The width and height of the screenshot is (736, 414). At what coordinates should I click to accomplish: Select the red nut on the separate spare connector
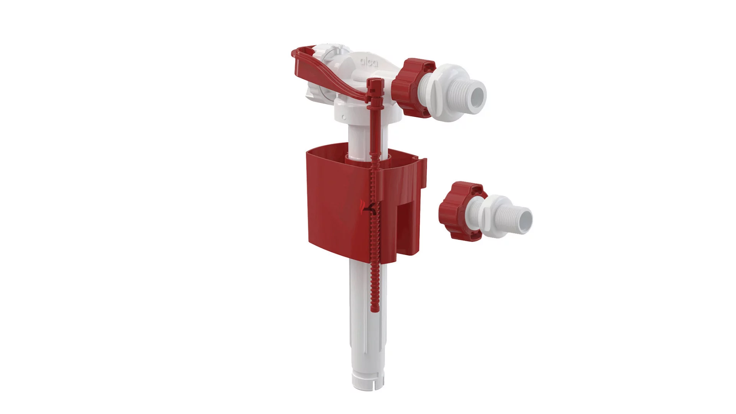point(462,211)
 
